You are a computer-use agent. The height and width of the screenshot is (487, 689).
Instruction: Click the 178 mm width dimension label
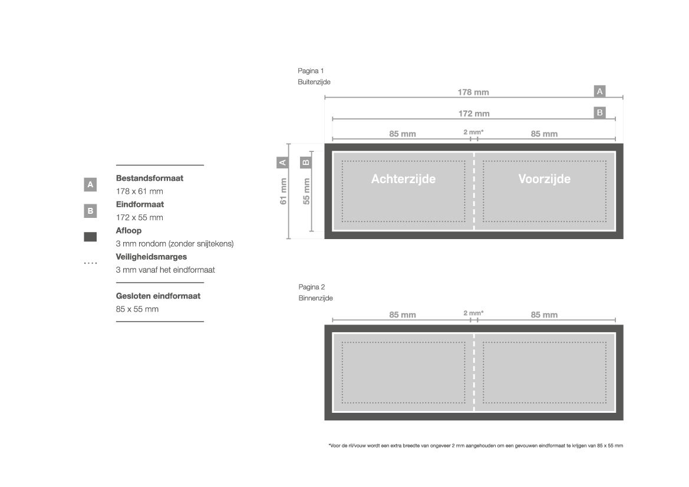(473, 92)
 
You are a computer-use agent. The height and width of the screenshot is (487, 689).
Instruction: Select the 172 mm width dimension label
(474, 114)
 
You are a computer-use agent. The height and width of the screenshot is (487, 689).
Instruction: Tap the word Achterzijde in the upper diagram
(403, 179)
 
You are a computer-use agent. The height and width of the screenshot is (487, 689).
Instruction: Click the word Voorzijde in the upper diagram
(545, 179)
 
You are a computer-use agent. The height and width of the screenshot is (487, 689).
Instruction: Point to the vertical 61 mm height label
(283, 191)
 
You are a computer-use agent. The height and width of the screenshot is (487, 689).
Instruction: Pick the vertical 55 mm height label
(306, 191)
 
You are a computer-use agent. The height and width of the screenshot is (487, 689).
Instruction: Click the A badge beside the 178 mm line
(599, 91)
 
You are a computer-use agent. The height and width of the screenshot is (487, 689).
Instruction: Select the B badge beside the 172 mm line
(599, 112)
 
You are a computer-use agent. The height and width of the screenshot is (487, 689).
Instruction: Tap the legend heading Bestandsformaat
(149, 178)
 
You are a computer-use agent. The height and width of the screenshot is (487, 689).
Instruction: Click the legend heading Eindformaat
(140, 204)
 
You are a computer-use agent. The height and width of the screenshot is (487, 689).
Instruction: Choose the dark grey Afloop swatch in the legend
(90, 237)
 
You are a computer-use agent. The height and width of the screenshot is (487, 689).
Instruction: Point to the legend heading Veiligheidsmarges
(151, 257)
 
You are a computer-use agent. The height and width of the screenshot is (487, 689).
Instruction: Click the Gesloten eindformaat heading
(158, 296)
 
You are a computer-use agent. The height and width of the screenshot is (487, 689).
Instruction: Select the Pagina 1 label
(311, 71)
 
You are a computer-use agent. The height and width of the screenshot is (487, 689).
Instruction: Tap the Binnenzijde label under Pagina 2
(315, 298)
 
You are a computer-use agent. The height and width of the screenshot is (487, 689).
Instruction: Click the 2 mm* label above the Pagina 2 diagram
(473, 313)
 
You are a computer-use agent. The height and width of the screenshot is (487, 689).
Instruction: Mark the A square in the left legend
(90, 184)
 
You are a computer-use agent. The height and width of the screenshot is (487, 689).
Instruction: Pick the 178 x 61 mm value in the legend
(139, 191)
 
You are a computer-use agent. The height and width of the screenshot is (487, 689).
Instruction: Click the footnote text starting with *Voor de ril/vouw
(476, 446)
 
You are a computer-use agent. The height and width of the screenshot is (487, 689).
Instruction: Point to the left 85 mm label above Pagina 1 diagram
(402, 134)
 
